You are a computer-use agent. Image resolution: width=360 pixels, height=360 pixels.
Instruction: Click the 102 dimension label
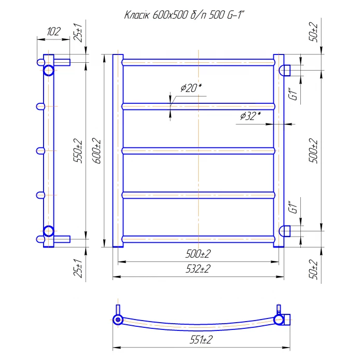(x=54, y=32)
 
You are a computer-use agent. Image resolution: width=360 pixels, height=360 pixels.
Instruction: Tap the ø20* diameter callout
(x=191, y=88)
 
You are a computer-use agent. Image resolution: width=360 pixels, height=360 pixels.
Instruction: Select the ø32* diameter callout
(x=250, y=116)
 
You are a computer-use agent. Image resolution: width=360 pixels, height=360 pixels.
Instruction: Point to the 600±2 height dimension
(x=97, y=150)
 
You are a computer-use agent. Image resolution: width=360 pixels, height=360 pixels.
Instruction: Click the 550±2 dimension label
(x=78, y=150)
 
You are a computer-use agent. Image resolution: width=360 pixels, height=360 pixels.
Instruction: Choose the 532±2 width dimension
(x=198, y=269)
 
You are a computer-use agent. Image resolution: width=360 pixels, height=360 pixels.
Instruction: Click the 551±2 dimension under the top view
(x=201, y=340)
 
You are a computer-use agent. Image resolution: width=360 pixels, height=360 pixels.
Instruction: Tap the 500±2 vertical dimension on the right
(x=314, y=150)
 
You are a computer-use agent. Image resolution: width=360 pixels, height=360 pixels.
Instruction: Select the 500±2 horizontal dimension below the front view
(x=198, y=254)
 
